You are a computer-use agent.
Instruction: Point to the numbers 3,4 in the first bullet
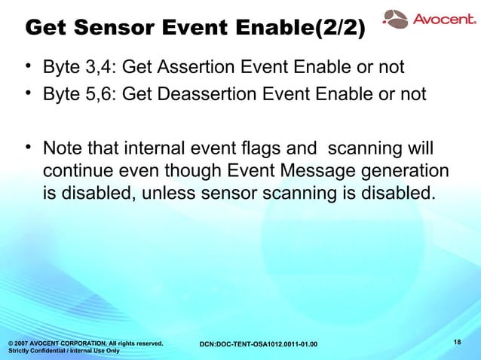pyautogui.click(x=99, y=69)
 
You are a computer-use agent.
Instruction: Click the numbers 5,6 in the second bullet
pyautogui.click(x=99, y=95)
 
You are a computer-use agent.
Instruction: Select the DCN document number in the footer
pyautogui.click(x=258, y=345)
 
